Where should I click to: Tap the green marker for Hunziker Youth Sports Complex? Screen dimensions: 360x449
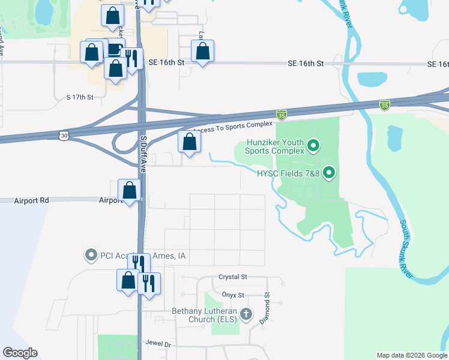pos(313,146)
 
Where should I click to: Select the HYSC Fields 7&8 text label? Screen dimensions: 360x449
pos(291,174)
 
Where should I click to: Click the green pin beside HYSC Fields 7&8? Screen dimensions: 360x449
pos(328,174)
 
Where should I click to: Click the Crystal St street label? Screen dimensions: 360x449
pos(233,277)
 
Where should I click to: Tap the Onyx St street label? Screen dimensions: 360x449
pos(232,295)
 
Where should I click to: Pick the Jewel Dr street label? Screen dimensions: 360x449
pos(158,344)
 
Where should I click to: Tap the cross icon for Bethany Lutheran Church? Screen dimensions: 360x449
pos(246,314)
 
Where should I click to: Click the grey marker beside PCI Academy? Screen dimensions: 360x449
pos(91,256)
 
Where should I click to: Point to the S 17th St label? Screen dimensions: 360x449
pos(80,97)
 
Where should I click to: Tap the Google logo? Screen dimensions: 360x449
pos(20,353)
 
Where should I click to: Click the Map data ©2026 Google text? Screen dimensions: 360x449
pos(412,355)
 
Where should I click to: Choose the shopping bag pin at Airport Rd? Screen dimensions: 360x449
pos(129,191)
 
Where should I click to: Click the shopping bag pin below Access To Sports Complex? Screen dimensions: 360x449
pos(190,142)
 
